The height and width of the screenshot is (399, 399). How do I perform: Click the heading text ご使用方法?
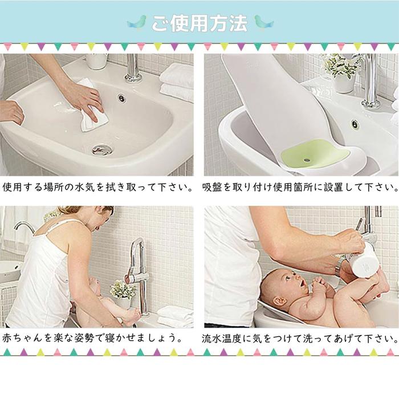point(199,23)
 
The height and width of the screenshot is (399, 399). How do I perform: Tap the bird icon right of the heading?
point(263,23)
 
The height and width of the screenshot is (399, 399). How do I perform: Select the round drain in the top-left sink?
point(102,149)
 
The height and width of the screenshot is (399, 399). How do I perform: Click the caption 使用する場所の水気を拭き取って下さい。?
point(98,187)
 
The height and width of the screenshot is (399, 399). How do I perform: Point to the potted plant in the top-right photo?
point(343,71)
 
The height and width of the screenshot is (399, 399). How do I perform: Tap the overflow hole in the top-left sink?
point(121,98)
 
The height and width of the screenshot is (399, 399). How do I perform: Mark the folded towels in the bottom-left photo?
point(176,317)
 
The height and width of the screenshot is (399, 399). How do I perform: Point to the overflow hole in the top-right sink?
point(354,124)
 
